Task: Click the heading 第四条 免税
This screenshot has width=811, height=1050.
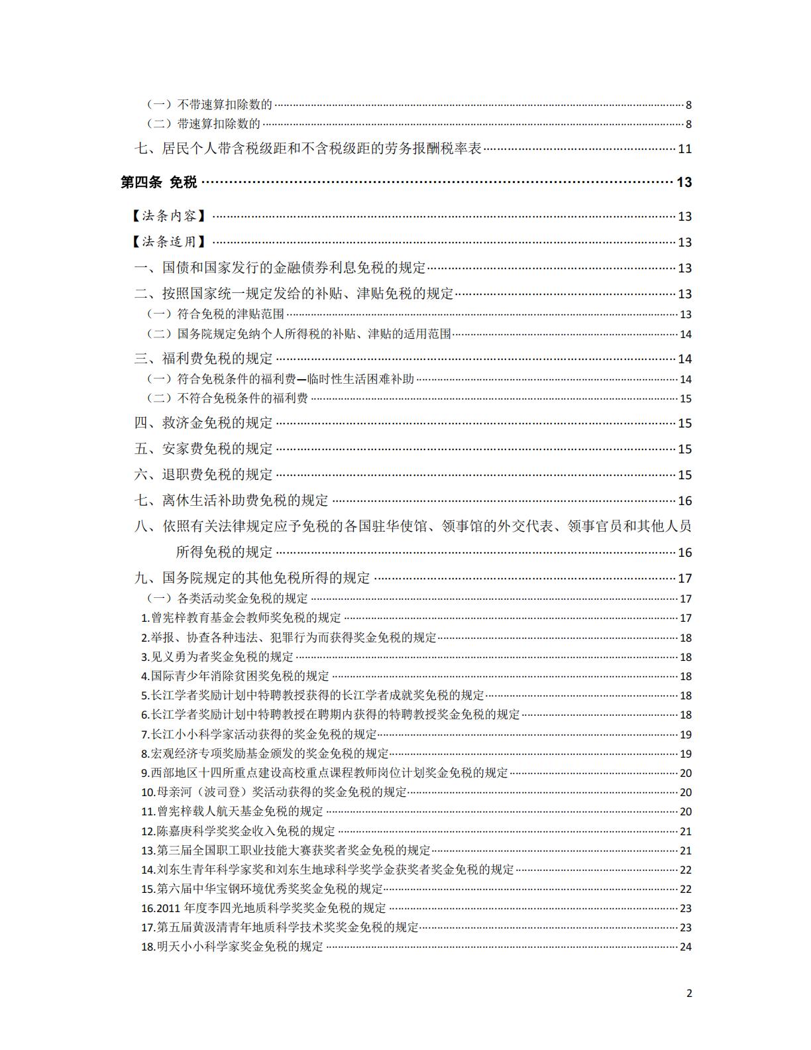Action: tap(159, 182)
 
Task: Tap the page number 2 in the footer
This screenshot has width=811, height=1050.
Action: tap(688, 992)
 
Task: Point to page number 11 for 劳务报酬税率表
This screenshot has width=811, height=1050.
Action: tap(684, 148)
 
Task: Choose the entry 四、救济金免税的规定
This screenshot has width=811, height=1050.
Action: tap(203, 423)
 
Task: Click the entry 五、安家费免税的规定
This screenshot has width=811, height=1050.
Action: tap(203, 449)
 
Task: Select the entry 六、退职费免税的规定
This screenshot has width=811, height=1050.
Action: tap(203, 475)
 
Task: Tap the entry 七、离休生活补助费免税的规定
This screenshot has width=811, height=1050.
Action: tap(231, 500)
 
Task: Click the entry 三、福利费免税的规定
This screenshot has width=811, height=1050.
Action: tap(203, 359)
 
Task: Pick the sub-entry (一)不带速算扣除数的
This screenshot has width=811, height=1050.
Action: tap(209, 104)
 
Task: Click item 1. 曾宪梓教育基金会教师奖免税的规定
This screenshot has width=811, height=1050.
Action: tap(241, 618)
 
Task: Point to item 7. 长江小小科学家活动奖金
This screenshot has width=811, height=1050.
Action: tap(259, 734)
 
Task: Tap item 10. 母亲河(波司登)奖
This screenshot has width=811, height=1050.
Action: tap(274, 792)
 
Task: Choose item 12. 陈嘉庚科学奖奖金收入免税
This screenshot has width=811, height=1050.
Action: tap(238, 831)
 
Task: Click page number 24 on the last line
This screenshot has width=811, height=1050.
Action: tap(685, 947)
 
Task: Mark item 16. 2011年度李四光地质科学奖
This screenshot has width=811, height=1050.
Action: tap(264, 908)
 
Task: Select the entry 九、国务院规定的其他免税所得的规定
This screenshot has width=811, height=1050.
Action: tap(252, 578)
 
